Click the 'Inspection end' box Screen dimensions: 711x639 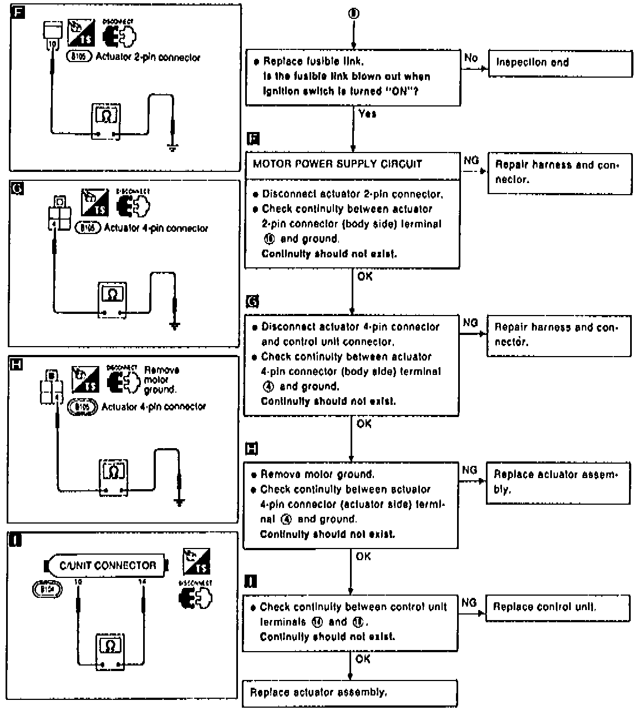point(560,63)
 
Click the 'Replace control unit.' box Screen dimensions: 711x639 point(557,607)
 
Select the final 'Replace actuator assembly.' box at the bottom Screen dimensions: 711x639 point(349,693)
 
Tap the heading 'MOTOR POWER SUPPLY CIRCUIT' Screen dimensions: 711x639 point(337,164)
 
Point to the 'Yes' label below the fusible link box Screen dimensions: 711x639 point(367,114)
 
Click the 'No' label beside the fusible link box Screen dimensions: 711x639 point(471,58)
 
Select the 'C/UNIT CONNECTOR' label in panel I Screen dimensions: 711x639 point(108,566)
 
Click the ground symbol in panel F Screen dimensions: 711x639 point(173,148)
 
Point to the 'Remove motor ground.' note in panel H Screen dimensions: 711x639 point(161,380)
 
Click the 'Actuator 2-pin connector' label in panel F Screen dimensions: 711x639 point(148,57)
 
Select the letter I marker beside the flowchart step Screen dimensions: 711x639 point(250,581)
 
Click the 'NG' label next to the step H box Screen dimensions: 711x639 point(469,470)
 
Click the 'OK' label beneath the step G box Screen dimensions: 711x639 point(364,424)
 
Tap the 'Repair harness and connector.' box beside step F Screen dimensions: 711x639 point(560,172)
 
